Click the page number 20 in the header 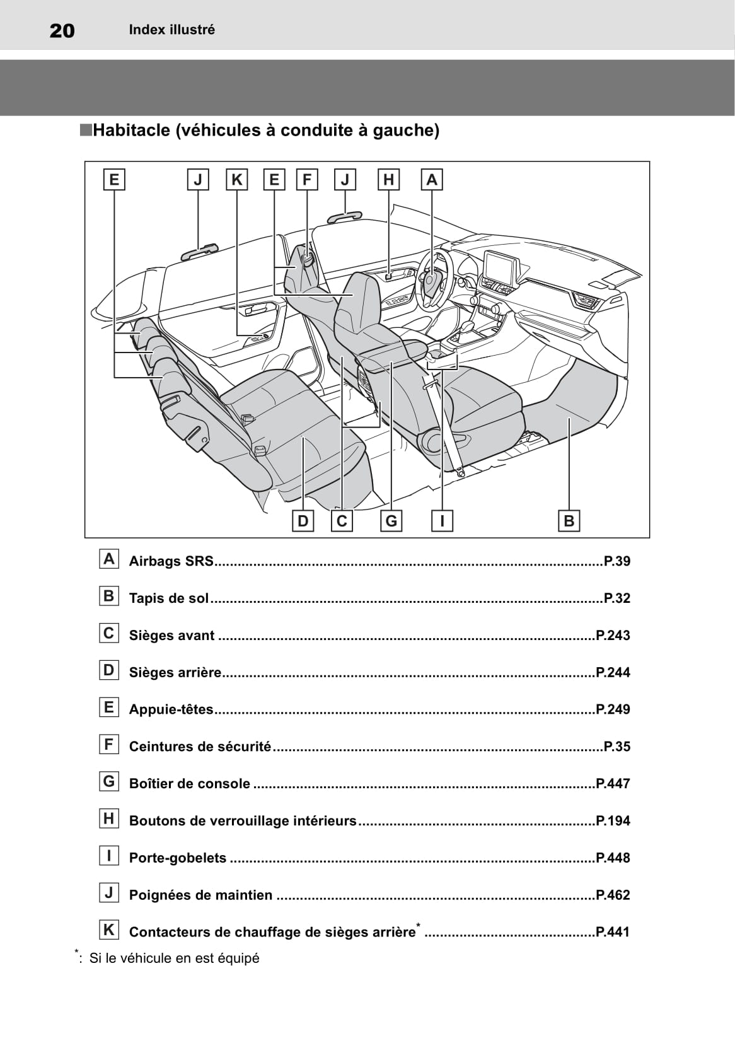62,30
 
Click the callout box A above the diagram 432,180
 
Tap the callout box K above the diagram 236,180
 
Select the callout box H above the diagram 388,180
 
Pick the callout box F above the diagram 307,180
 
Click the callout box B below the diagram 569,521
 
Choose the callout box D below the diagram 303,521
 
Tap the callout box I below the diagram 443,521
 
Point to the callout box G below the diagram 391,521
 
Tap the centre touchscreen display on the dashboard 501,266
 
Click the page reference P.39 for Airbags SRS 616,561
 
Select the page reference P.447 613,784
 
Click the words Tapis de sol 168,598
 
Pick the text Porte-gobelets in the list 177,858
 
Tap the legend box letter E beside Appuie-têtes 109,708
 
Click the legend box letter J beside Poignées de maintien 109,893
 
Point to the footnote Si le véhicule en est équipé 174,959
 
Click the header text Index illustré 171,30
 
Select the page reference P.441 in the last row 613,932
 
